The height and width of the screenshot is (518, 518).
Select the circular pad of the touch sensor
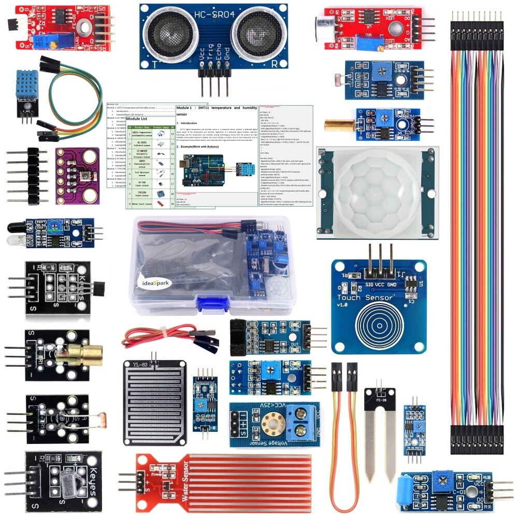click(x=379, y=326)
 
